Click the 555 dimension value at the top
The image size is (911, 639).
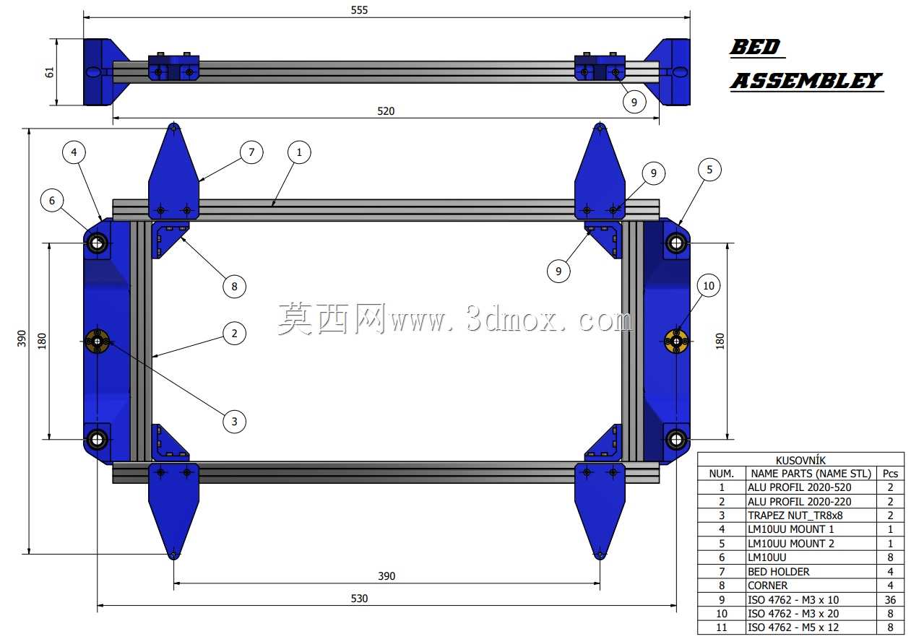tap(359, 10)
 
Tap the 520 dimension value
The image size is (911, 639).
tap(386, 111)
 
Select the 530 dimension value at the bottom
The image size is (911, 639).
tap(359, 599)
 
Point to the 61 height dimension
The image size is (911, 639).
tap(49, 72)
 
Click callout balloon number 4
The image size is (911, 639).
tap(74, 152)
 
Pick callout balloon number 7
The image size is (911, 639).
tap(251, 152)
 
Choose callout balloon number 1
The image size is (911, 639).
tap(299, 152)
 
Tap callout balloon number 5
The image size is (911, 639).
tap(709, 170)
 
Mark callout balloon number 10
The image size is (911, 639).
tap(709, 286)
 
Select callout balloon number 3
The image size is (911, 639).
tap(234, 421)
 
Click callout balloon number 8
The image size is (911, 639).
tap(234, 286)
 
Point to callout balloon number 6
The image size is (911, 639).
tap(52, 201)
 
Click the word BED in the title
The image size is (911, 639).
tap(755, 47)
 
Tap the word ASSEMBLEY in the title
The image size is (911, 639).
tap(806, 80)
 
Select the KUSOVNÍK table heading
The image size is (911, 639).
tap(800, 460)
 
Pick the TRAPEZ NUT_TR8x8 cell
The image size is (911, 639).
tap(795, 516)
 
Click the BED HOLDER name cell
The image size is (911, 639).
tap(778, 572)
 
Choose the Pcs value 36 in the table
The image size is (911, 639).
tap(890, 599)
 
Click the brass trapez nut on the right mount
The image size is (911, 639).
tap(676, 342)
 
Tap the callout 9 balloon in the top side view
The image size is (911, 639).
tap(634, 102)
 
